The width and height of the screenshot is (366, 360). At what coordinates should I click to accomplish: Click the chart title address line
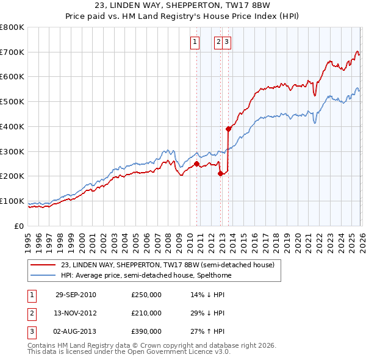click(184, 7)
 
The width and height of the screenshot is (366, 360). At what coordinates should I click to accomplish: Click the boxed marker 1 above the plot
click(195, 42)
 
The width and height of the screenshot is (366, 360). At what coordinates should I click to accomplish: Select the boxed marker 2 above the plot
click(218, 42)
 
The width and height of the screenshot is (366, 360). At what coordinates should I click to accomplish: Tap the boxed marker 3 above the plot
click(226, 42)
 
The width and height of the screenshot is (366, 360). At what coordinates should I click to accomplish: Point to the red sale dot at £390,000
click(228, 129)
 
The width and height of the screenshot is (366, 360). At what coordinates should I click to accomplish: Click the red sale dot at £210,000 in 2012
click(220, 173)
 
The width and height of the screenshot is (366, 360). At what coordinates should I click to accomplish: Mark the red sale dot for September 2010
click(197, 164)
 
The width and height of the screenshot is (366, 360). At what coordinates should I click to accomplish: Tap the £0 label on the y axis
click(18, 226)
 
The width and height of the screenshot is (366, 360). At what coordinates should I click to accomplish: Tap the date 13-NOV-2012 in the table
click(76, 313)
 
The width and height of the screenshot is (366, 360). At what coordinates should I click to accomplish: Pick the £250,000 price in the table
click(146, 295)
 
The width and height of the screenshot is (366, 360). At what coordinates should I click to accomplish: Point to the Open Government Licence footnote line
click(129, 352)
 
